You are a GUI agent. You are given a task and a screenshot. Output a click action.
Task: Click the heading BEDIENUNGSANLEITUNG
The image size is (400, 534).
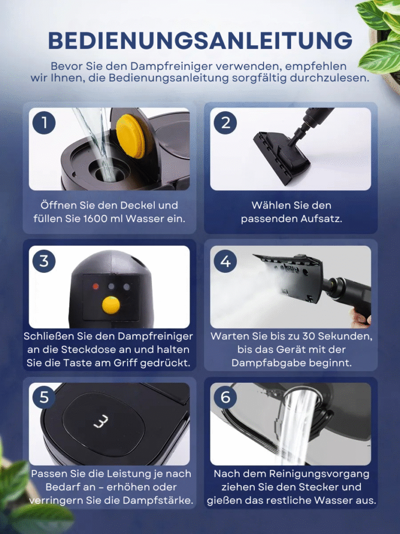click(x=200, y=41)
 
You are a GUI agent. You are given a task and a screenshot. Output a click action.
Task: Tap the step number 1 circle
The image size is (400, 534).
click(x=44, y=123)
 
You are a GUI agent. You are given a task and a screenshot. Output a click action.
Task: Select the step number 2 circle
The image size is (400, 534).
click(x=226, y=123)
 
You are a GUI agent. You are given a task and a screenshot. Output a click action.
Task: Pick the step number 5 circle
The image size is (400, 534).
click(x=44, y=397)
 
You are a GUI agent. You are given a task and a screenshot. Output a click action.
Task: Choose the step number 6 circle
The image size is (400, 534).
click(x=226, y=397)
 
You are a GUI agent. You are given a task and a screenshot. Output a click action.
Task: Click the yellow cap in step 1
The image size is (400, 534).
click(x=131, y=136)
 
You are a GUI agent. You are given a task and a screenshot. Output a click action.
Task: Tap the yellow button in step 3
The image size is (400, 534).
click(x=111, y=305)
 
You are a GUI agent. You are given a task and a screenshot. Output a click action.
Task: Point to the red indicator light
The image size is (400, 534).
click(x=96, y=286)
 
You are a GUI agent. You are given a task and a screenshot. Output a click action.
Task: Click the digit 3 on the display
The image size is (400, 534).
click(x=102, y=421)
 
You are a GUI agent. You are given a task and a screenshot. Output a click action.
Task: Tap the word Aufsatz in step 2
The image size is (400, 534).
click(x=321, y=219)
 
